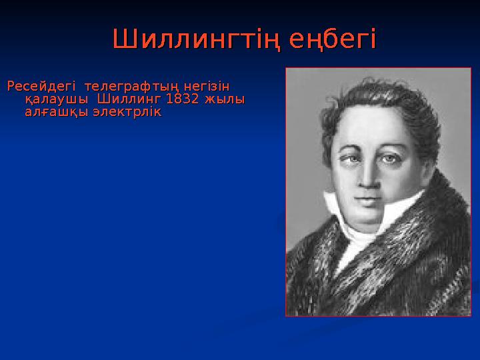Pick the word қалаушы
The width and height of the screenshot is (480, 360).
click(55, 99)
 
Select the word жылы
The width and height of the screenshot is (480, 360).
click(224, 99)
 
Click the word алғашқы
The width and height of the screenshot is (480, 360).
click(55, 113)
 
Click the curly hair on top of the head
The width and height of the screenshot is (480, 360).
click(373, 93)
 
